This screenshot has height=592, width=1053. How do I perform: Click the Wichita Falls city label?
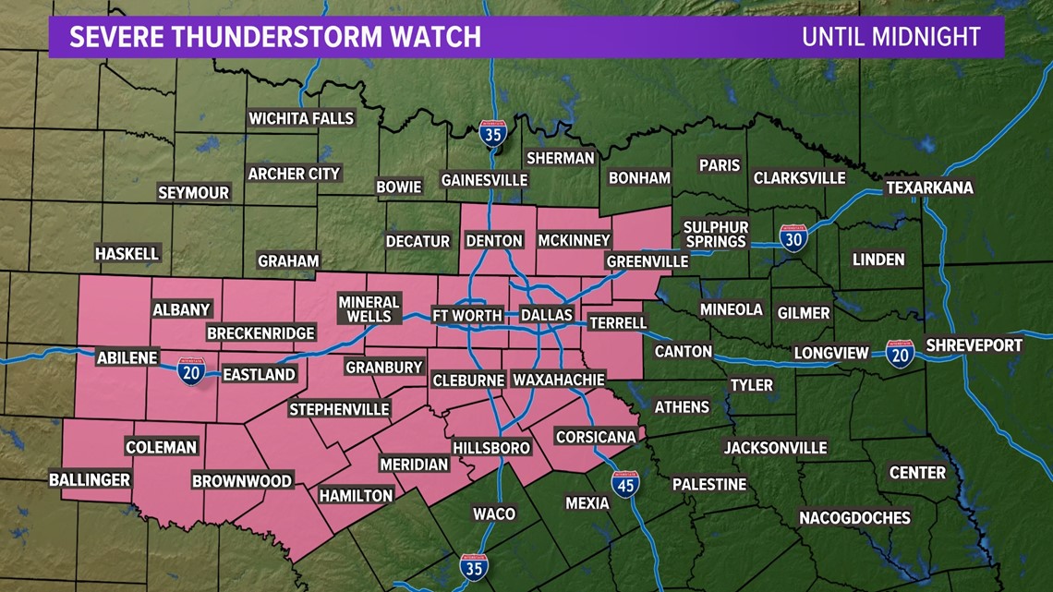301,118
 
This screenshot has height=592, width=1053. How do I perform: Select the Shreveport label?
974,345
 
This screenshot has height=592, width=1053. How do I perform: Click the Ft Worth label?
467,316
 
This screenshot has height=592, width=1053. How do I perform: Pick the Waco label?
493,513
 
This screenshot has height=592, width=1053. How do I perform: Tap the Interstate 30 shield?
793,238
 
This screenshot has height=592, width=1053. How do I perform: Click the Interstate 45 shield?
625,483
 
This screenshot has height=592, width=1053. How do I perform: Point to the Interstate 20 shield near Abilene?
191,373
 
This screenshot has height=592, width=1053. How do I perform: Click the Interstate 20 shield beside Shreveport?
900,354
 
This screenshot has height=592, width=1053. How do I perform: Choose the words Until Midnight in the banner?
890,37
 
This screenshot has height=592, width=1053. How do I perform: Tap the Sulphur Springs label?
715,235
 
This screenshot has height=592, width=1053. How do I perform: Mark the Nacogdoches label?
854,517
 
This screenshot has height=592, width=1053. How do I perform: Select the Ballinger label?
90,479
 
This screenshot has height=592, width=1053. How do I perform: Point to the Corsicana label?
596,437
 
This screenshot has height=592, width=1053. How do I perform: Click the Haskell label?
127,253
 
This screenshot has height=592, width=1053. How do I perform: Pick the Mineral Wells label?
369,309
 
